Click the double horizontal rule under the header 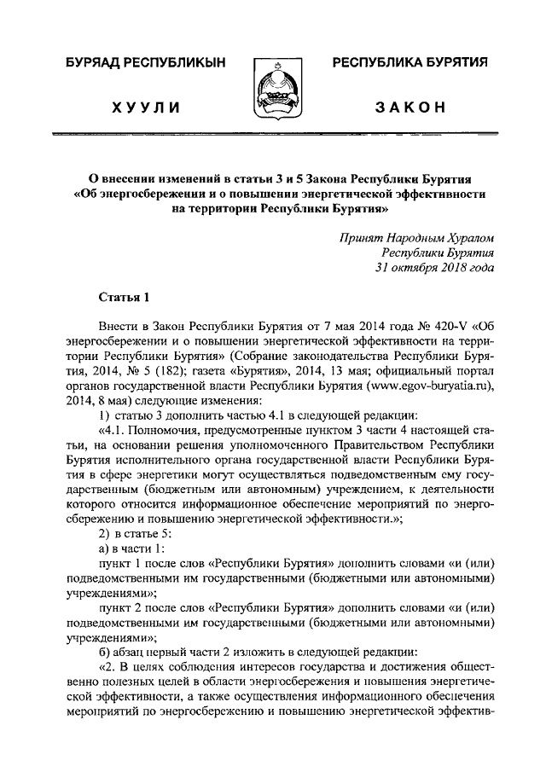(273, 134)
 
